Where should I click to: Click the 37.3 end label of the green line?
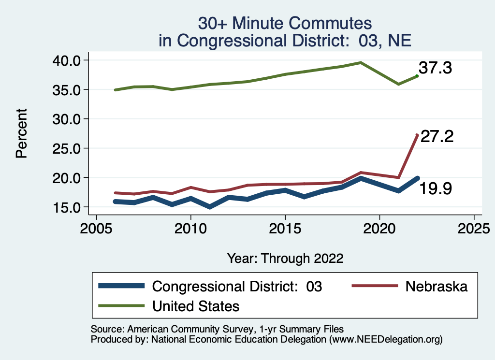435,68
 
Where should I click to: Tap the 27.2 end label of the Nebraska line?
437,137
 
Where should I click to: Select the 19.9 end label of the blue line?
435,188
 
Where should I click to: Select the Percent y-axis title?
21,133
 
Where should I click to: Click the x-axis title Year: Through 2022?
285,259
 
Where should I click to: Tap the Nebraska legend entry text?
437,286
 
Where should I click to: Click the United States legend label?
196,306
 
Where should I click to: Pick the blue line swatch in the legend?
121,286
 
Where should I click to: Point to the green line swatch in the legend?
121,306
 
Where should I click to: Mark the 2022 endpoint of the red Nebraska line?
417,135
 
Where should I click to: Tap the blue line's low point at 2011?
209,207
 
